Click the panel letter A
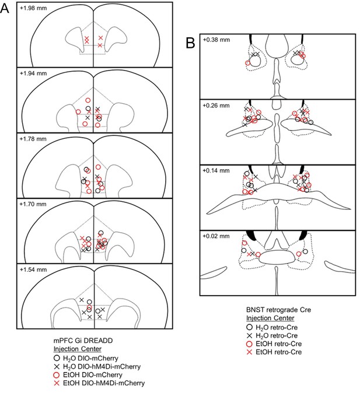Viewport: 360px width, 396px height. pos(5,8)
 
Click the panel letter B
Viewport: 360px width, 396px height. pos(190,43)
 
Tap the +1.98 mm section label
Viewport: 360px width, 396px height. pos(33,8)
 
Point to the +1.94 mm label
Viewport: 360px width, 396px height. pos(33,73)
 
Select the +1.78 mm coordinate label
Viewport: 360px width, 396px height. pos(33,139)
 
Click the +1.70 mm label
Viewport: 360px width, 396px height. pos(33,204)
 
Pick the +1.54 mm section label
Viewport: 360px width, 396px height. pos(33,269)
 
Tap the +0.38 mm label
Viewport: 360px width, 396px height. pos(216,40)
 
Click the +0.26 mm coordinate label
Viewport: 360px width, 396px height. pos(216,106)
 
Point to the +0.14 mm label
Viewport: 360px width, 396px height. pos(216,170)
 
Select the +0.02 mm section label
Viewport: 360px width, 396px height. pos(216,236)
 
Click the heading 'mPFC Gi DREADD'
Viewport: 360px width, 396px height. pos(83,341)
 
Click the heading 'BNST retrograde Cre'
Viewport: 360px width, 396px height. pos(279,310)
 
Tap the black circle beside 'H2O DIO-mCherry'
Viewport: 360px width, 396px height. pos(57,358)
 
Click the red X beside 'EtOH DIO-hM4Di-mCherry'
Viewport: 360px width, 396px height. pos(57,383)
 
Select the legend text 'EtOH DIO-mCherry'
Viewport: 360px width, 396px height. pos(93,375)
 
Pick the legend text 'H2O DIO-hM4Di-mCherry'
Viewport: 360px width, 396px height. pos(102,366)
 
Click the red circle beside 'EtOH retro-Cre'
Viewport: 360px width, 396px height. pos(250,344)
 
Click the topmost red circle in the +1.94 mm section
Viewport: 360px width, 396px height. pos(88,100)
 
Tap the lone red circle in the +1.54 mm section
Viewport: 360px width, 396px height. pos(89,307)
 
